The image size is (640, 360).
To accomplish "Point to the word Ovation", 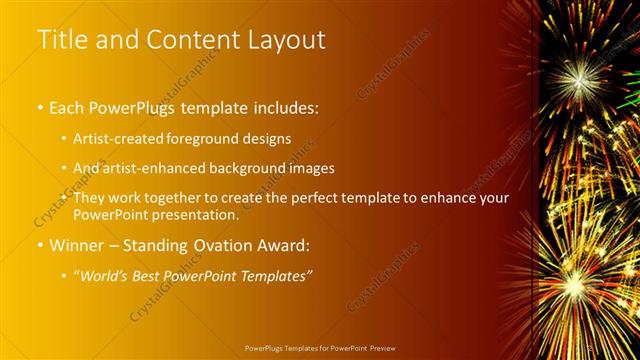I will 219,246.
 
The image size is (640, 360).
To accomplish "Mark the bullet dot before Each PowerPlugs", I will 39,105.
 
